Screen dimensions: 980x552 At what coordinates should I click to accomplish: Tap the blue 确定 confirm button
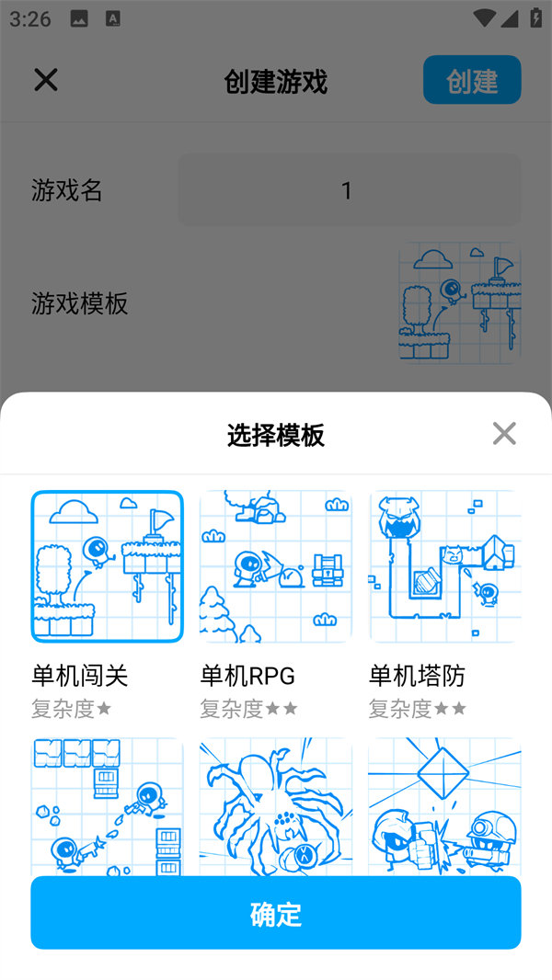276,913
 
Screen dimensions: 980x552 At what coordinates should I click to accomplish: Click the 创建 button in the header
472,81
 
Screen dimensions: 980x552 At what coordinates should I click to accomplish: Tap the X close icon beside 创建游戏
46,80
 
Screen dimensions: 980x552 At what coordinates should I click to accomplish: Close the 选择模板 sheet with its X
504,434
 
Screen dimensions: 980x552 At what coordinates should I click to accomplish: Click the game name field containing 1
349,190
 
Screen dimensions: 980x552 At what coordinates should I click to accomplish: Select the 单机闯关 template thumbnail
107,566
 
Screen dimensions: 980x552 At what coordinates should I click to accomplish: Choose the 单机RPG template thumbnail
276,566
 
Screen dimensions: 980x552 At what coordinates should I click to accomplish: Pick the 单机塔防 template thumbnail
445,566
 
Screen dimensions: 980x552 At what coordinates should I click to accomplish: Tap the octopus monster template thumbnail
276,807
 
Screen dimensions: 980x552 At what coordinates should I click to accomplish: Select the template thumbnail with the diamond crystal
445,807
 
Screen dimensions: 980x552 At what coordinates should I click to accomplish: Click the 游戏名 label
67,190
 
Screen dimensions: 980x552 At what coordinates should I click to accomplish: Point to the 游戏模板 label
80,303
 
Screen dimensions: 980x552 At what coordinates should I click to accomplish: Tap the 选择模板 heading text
276,434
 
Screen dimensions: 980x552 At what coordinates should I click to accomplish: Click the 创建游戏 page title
276,82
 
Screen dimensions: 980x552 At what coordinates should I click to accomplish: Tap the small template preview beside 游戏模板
459,303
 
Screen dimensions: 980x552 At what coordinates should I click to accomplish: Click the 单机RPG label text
247,676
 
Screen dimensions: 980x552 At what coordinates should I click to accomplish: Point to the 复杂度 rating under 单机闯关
72,709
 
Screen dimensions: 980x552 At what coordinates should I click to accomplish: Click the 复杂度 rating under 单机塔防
418,709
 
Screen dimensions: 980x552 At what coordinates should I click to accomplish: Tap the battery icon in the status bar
535,18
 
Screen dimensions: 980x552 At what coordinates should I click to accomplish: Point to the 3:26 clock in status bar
30,18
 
